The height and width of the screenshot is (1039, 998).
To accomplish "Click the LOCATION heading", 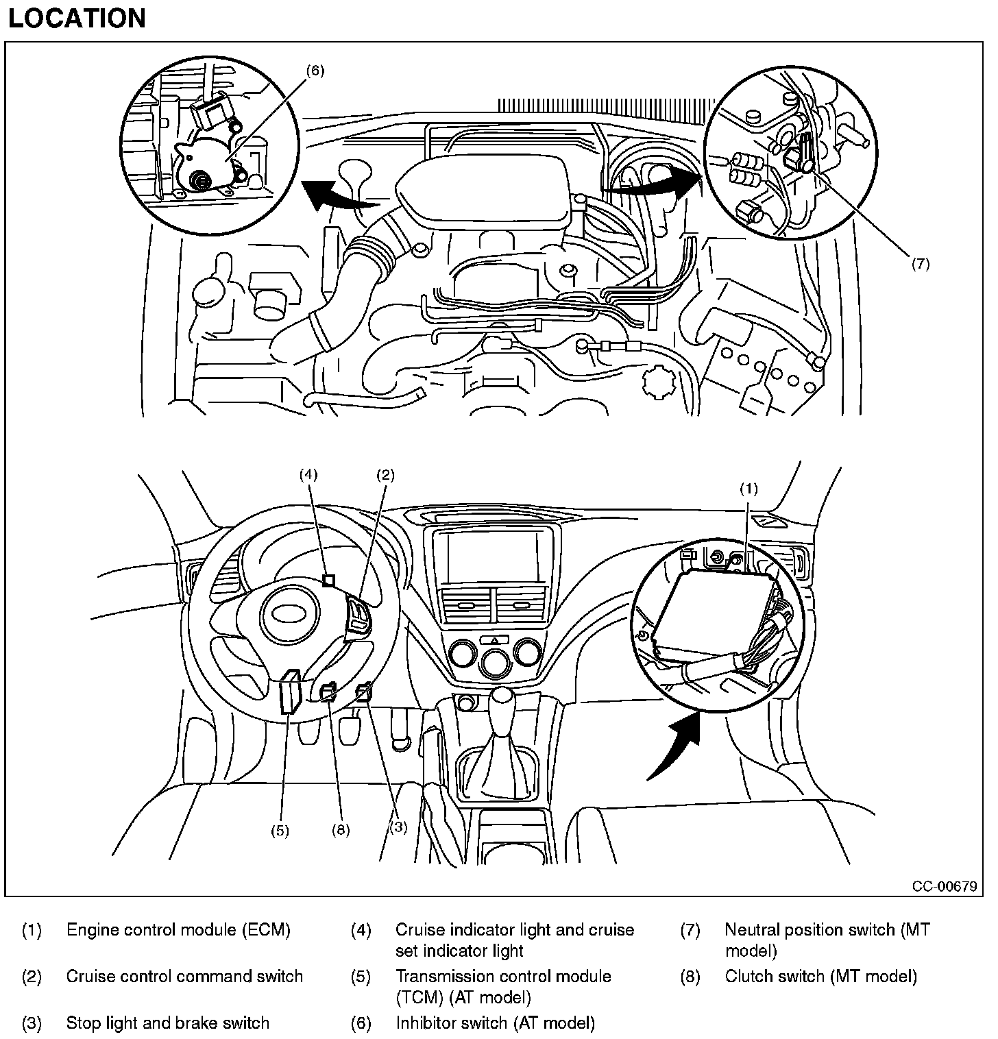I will tap(77, 19).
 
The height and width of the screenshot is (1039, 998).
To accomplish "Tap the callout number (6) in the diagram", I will tap(315, 70).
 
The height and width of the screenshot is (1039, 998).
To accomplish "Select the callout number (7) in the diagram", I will tap(920, 263).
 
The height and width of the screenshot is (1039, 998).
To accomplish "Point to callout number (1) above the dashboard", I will tap(748, 489).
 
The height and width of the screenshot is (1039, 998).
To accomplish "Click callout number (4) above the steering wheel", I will tap(309, 474).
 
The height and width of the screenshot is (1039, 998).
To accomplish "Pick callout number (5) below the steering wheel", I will tap(280, 831).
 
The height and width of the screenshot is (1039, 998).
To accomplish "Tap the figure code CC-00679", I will tap(944, 886).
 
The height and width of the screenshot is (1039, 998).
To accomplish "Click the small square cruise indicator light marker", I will tap(329, 580).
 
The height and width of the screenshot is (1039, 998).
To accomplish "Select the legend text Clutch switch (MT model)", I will tap(820, 976).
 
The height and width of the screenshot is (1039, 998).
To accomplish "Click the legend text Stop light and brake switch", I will tap(167, 1023).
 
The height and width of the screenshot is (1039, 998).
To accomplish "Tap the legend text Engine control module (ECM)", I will tap(178, 930).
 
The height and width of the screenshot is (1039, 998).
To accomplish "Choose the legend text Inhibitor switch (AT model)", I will tap(495, 1023).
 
